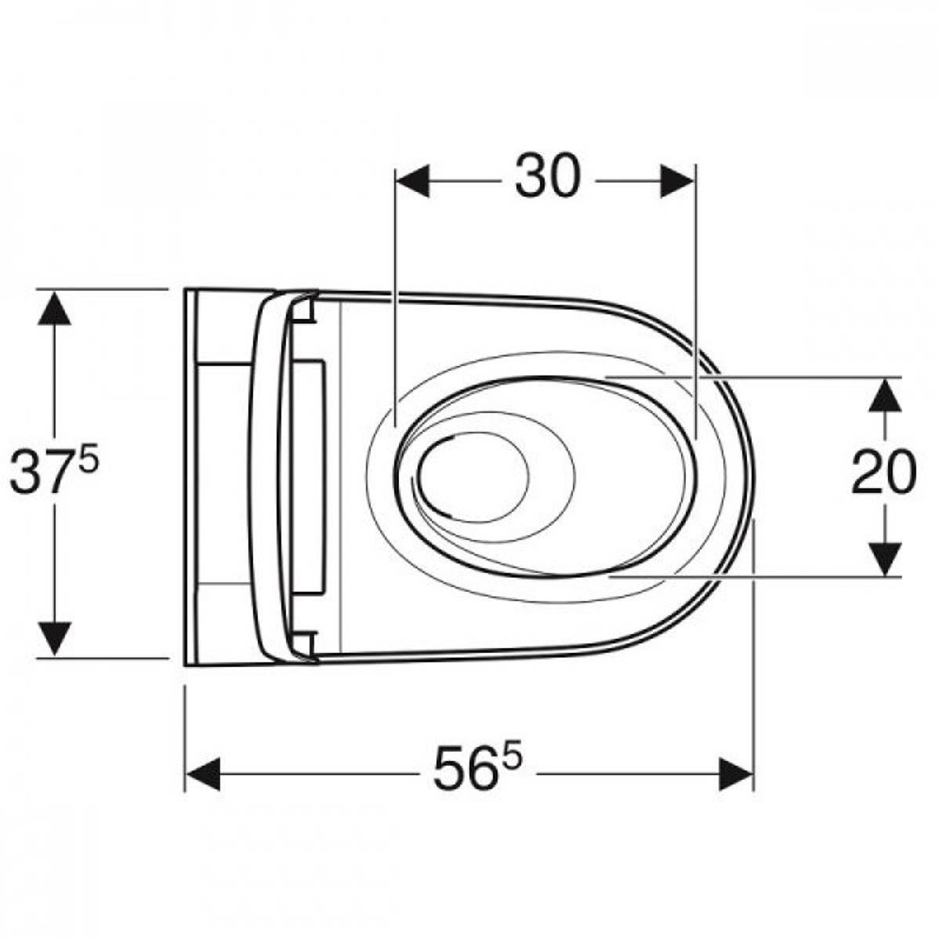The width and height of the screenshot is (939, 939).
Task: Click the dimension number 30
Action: tap(547, 176)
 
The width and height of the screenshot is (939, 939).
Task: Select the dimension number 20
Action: tap(884, 473)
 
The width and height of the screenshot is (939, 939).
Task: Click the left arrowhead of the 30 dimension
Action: tap(412, 180)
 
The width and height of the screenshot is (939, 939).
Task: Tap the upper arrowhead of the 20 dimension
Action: tap(885, 394)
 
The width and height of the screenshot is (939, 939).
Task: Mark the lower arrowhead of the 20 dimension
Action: tap(885, 560)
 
